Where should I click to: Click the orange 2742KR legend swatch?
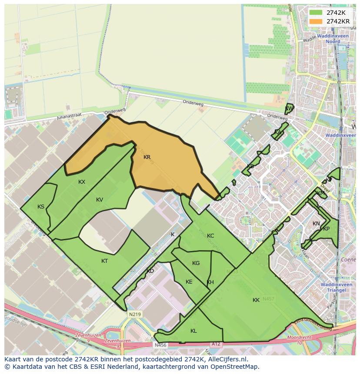coord(316,21)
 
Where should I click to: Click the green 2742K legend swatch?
coord(316,13)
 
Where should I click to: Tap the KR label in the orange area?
coord(147,157)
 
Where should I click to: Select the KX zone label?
coord(82,182)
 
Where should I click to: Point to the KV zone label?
coord(100,200)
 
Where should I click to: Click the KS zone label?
coord(41,207)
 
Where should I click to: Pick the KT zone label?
coord(104,261)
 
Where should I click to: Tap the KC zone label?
coord(210,236)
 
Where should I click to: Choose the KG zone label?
coord(196,263)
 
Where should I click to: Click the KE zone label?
coord(189,282)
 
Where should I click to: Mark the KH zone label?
coord(210,282)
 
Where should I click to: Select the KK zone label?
coord(256,300)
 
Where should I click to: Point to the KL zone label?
coord(193,331)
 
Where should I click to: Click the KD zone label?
coord(150,271)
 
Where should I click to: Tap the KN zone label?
coord(316,224)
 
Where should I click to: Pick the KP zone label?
coord(326,229)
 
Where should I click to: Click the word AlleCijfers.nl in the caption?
coord(227,359)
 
